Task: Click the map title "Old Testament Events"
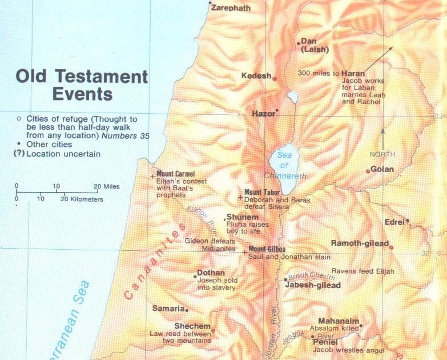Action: pos(82,85)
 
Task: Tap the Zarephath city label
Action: pos(231,8)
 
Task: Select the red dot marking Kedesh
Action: pos(275,78)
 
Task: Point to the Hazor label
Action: pos(263,114)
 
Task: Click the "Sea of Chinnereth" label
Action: pos(284,165)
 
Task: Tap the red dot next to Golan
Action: pos(368,171)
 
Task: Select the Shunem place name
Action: pos(243,218)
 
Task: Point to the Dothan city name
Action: pos(211,273)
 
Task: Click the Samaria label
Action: pos(168,309)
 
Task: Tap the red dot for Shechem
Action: pos(213,330)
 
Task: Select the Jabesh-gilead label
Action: pos(312,285)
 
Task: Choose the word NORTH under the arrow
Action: pos(382,154)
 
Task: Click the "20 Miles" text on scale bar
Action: pos(107,186)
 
